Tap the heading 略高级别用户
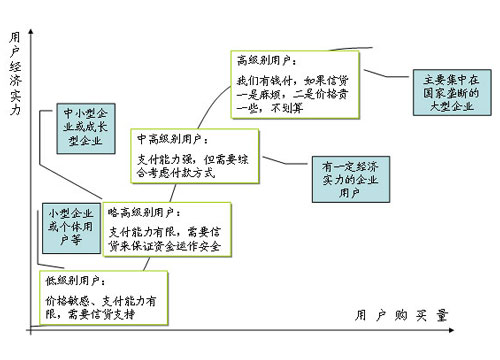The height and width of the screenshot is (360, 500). (x=143, y=213)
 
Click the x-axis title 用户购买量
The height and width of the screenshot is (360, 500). (x=402, y=316)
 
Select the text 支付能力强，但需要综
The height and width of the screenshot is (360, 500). (x=191, y=157)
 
